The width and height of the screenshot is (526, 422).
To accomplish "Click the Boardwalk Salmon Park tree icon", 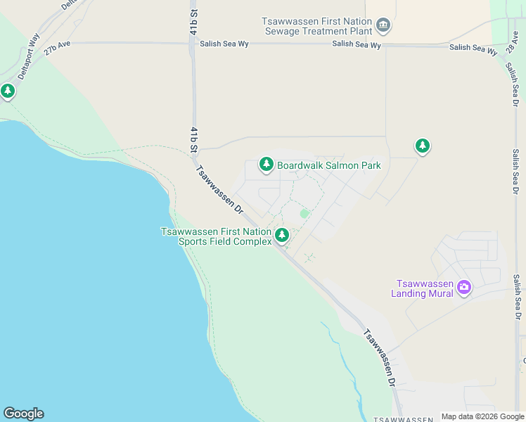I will click(266, 165).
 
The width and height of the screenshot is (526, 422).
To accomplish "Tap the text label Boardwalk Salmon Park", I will click(329, 166).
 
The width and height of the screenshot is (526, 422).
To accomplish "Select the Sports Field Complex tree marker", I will click(282, 235).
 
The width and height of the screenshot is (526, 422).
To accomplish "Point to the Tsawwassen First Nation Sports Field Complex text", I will click(216, 236).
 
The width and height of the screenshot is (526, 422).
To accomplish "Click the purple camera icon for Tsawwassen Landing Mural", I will click(463, 287).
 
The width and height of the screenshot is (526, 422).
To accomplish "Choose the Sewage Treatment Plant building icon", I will click(383, 27).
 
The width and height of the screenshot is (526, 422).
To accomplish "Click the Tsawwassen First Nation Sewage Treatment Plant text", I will click(318, 27).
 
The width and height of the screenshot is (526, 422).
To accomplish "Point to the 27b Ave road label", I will click(58, 47).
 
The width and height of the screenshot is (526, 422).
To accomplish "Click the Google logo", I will click(23, 414).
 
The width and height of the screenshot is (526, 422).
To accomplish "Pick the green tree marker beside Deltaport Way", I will click(8, 91).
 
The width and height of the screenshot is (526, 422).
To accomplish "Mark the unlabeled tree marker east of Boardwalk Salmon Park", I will click(422, 146).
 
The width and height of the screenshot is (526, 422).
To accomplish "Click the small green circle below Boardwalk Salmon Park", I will click(304, 213).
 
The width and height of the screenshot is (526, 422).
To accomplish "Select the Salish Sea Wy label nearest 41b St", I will click(223, 44).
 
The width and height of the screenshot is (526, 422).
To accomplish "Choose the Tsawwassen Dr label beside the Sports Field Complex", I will click(219, 189).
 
